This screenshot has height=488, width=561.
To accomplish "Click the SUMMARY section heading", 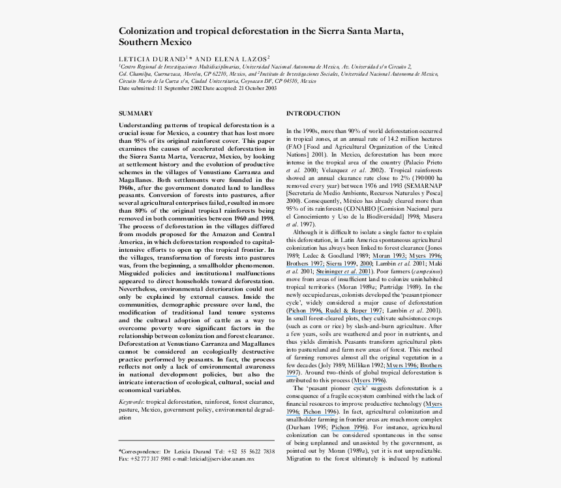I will point(136,113).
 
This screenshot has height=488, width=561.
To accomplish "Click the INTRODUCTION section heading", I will point(313,114).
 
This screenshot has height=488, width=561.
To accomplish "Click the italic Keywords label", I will point(132,403).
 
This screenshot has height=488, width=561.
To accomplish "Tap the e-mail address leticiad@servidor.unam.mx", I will point(222,459).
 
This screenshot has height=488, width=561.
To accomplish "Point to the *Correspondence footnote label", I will point(139,451).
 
